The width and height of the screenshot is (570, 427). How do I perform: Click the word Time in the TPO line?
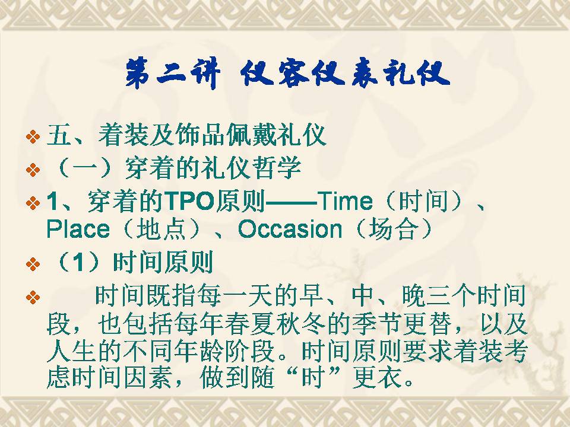pos(345,201)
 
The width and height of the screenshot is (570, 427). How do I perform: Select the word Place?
pos(78,229)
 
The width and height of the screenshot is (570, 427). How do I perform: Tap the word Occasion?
pos(290,229)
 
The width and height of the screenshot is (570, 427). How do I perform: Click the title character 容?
pos(293,75)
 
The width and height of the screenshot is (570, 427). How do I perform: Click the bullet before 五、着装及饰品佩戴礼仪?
pos(33,137)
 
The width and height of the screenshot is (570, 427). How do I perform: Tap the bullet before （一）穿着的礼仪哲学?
pos(33,170)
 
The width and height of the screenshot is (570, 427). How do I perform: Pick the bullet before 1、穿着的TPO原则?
pos(33,203)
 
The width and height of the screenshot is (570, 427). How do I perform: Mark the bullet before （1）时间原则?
pos(33,264)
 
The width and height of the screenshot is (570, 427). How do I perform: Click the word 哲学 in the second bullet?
pos(277,168)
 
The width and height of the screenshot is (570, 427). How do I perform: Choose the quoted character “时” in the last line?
pos(314,378)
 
